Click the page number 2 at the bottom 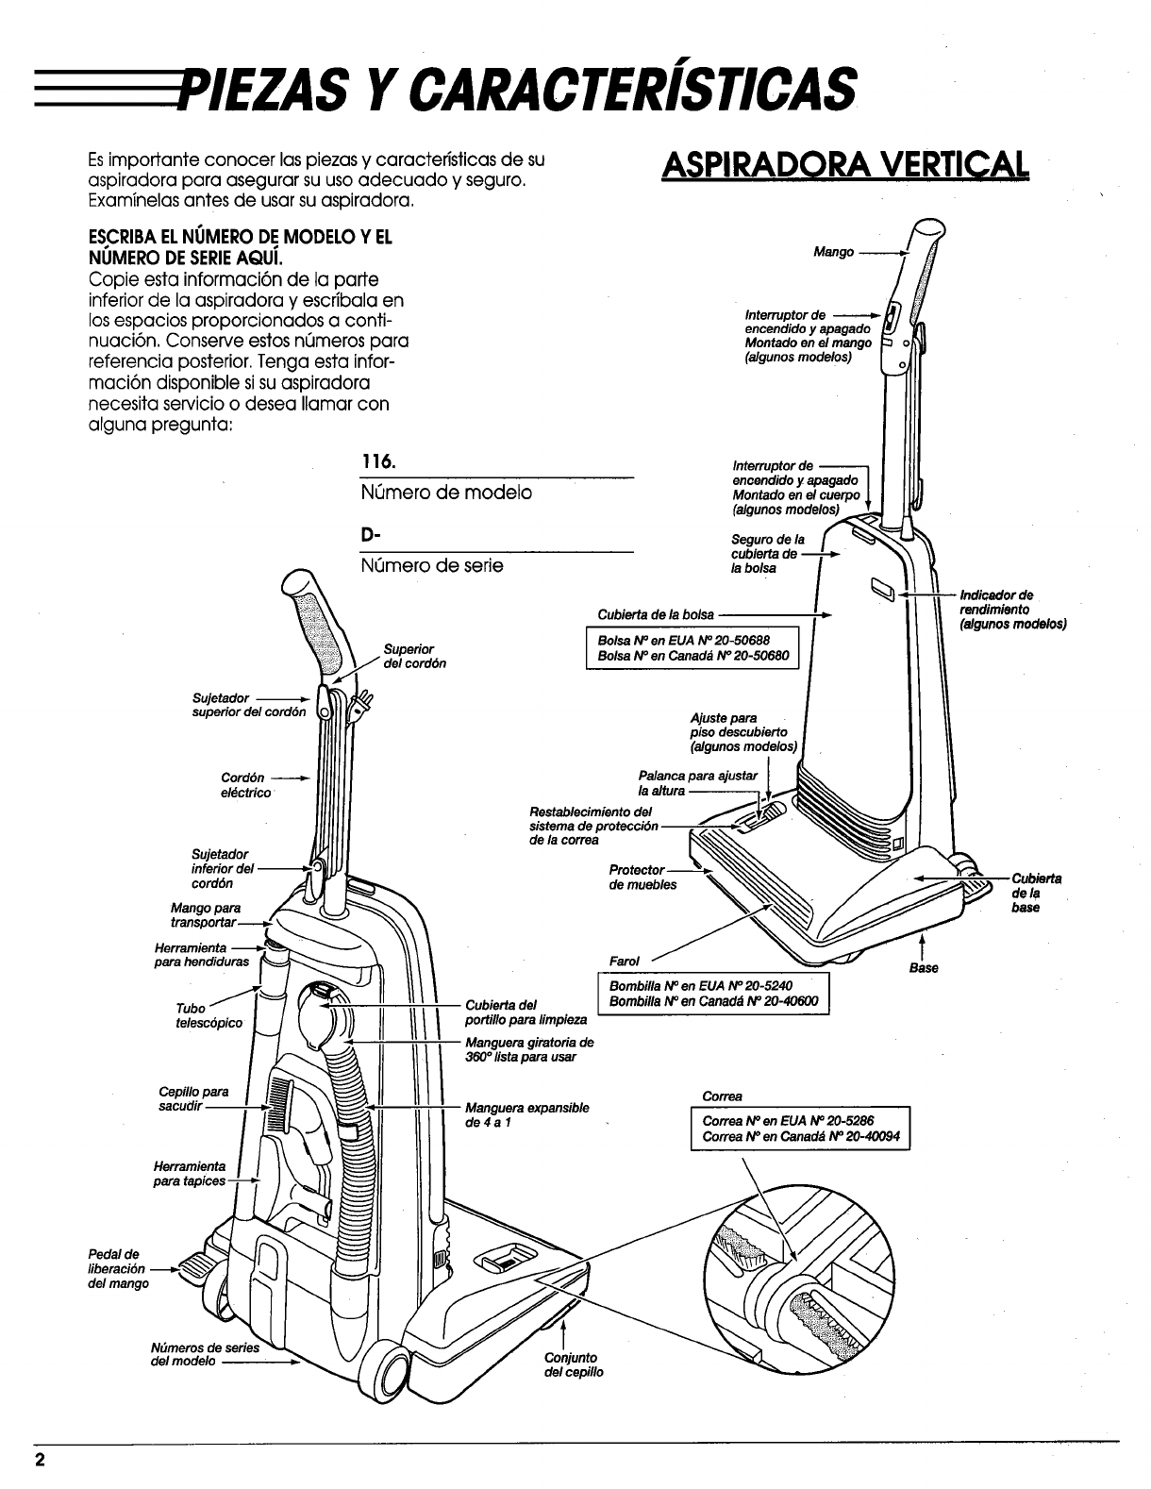coord(41,1460)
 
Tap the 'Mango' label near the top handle coord(834,252)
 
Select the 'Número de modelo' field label coord(446,493)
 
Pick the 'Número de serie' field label coord(432,565)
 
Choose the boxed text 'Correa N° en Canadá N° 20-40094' coord(801,1137)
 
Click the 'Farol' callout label coord(625,962)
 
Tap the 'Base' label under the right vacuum coord(925,968)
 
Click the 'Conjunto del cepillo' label coord(574,1364)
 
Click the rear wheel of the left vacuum coord(393,1368)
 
